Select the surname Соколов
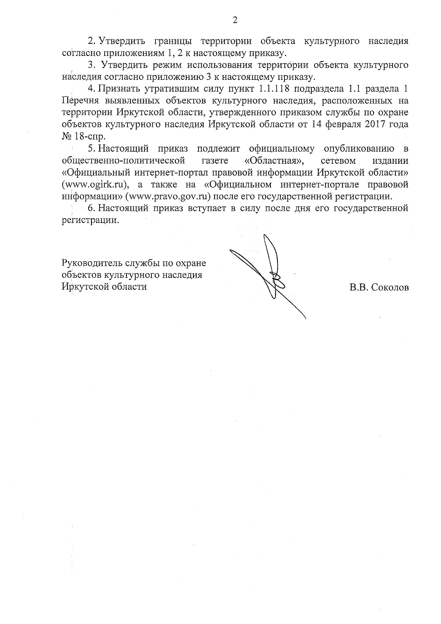[390, 288]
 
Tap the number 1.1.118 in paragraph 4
[270, 89]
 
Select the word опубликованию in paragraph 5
[359, 149]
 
